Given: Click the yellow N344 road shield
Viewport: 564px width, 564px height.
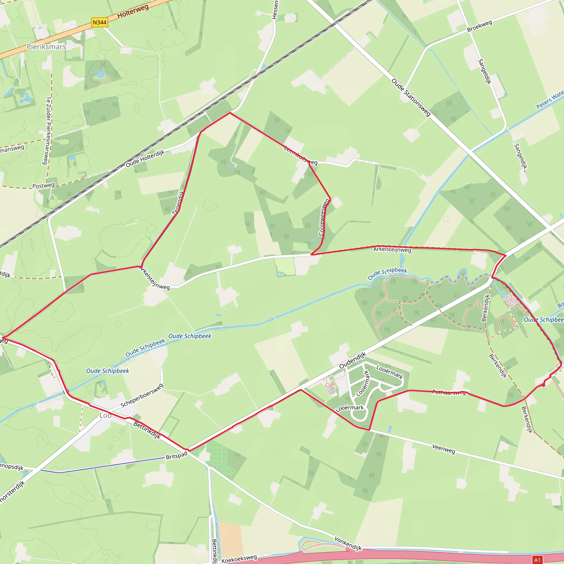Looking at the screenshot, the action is (x=99, y=23).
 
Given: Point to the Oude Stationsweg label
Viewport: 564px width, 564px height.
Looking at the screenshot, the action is (x=411, y=97).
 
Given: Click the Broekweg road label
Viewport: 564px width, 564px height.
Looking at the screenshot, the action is (x=479, y=26).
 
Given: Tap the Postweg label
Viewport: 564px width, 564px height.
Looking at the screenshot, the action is (x=44, y=186).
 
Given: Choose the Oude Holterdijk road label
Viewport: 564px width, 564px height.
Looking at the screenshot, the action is (x=145, y=159).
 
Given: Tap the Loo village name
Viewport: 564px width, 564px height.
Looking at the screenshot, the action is (x=105, y=415).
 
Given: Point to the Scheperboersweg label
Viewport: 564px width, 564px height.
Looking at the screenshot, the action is (x=142, y=396).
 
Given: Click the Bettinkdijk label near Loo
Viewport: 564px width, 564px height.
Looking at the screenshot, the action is (x=147, y=430).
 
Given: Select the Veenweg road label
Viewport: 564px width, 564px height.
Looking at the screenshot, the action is (x=443, y=449).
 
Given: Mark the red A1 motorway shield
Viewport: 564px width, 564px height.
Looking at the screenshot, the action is (x=538, y=560).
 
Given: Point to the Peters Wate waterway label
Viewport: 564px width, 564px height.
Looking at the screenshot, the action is (x=550, y=100).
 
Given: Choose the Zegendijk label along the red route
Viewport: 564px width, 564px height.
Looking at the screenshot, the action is (x=178, y=203).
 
